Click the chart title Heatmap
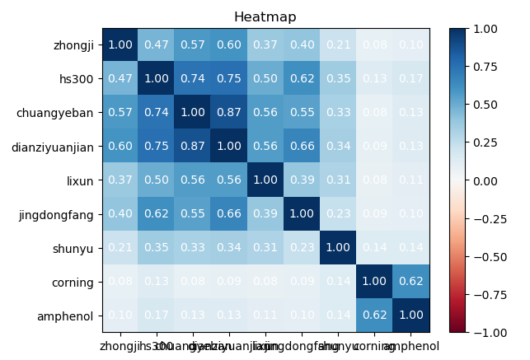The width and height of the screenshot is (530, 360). pyautogui.click(x=265, y=17)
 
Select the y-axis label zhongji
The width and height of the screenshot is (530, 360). pyautogui.click(x=73, y=45)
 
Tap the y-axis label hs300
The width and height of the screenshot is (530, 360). pyautogui.click(x=81, y=79)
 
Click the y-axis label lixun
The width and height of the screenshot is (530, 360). pyautogui.click(x=82, y=180)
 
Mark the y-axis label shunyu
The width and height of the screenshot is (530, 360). pyautogui.click(x=76, y=248)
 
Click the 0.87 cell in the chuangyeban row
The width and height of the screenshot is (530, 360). pyautogui.click(x=227, y=113)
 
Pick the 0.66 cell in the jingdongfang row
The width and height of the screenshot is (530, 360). pyautogui.click(x=227, y=214)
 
